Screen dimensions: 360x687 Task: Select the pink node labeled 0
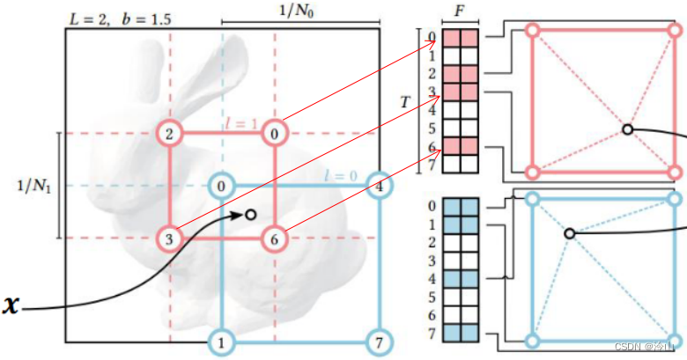[275, 134]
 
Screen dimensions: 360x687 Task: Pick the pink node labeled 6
[275, 238]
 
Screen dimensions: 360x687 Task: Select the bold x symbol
[11, 305]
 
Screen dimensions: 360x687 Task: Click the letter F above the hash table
[459, 11]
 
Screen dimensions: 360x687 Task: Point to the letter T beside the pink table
[404, 102]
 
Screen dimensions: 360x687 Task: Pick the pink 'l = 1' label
[239, 123]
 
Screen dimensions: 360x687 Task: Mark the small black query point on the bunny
[250, 214]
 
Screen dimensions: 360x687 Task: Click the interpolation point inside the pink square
[627, 129]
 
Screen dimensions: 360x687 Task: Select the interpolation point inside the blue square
[570, 233]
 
